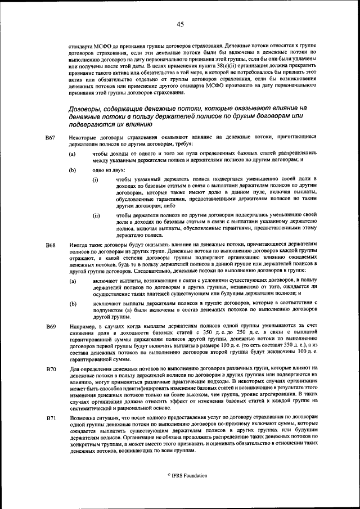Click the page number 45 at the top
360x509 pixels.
point(180,24)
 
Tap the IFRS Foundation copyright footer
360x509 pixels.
point(180,475)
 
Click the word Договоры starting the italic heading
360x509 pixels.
point(85,107)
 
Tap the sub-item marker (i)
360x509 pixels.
point(96,179)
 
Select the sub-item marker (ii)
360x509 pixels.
point(96,215)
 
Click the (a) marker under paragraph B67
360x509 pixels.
point(73,154)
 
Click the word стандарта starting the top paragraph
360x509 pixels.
point(81,44)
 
